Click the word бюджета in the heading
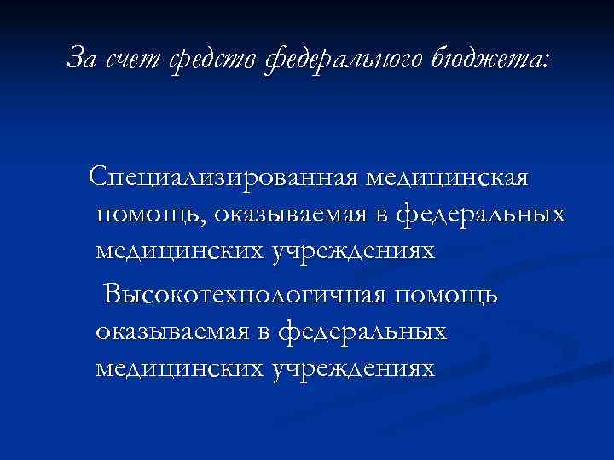point(494,57)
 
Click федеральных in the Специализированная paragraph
point(482,216)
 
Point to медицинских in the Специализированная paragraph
point(180,251)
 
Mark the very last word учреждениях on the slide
point(353,369)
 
